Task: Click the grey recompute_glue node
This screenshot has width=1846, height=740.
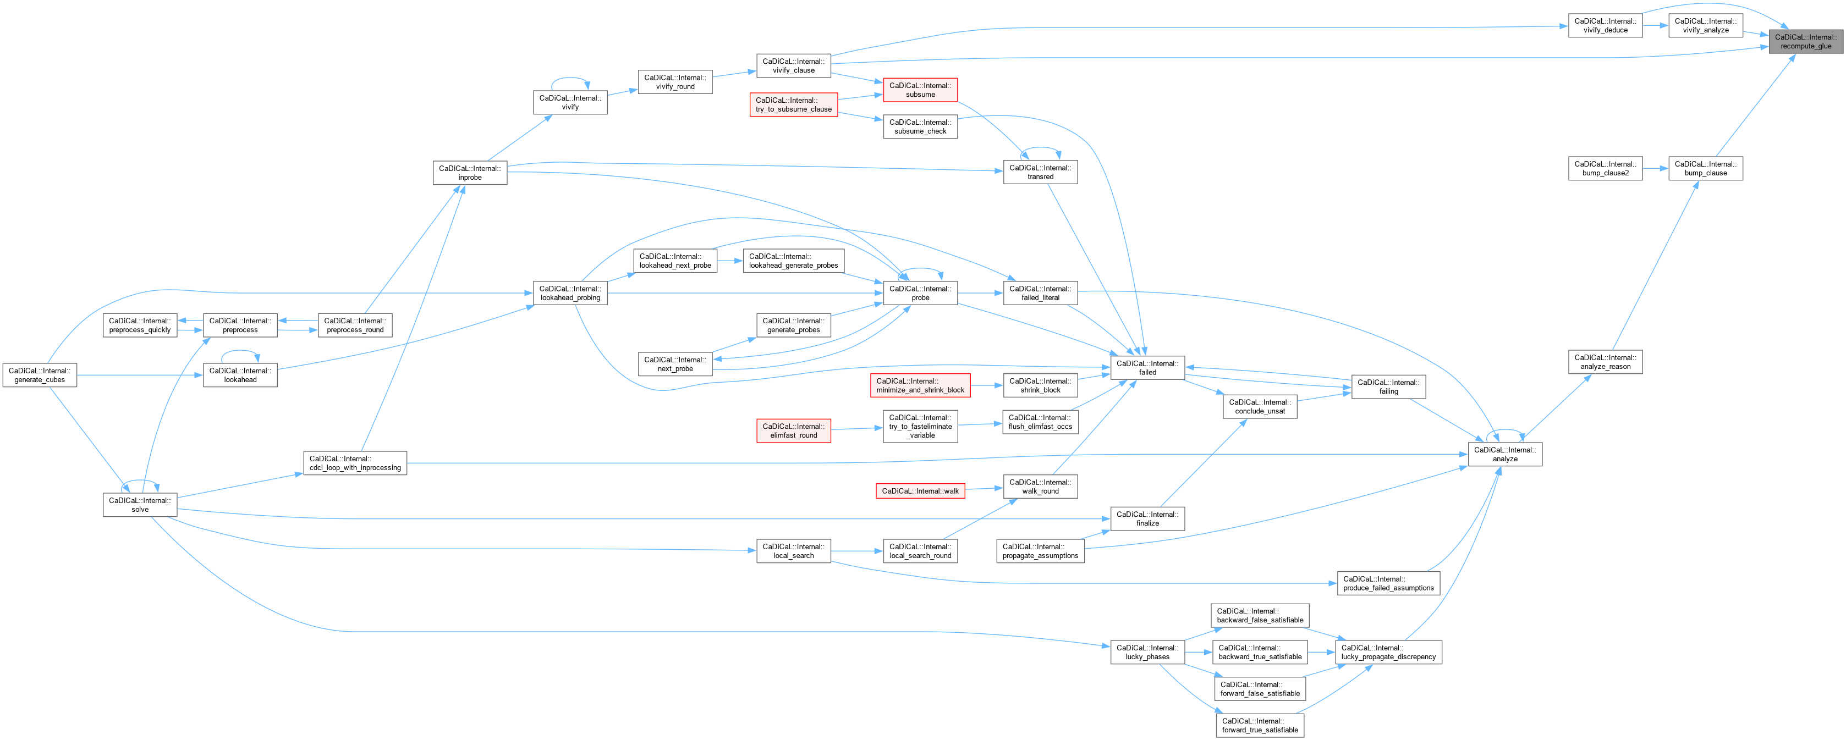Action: coord(1805,42)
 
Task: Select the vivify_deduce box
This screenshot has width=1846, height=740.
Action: coord(1605,26)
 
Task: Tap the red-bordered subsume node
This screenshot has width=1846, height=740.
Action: coord(920,90)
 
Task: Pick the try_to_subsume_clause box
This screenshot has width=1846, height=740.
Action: coord(793,104)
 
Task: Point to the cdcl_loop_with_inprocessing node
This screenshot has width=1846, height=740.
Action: coord(355,463)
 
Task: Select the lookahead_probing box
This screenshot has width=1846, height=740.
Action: coord(570,293)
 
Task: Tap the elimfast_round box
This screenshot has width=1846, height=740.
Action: coord(793,430)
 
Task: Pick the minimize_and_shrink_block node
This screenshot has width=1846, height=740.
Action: coord(920,385)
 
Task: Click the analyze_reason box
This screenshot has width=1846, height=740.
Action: coord(1605,362)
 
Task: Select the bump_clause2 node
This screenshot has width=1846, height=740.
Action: coord(1605,168)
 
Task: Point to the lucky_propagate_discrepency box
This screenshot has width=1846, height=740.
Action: coord(1388,652)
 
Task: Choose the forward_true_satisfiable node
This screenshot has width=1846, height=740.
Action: coord(1259,726)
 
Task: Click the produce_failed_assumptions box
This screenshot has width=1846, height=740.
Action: coord(1388,583)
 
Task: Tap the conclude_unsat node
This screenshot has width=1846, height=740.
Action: coord(1259,407)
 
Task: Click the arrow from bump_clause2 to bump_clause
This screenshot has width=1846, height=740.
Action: coord(1655,168)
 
